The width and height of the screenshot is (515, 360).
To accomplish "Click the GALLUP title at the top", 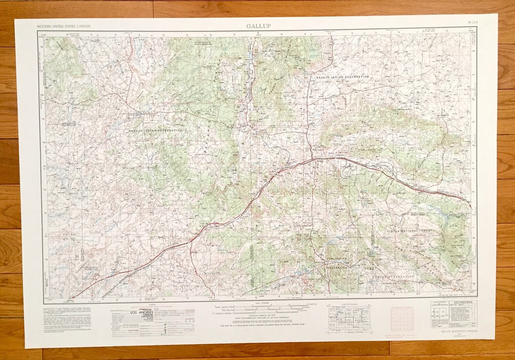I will coord(258,26).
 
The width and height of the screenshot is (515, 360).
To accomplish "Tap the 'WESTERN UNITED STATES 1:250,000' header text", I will coord(64,26).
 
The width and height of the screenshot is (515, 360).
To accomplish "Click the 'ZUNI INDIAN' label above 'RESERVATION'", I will coord(336,258).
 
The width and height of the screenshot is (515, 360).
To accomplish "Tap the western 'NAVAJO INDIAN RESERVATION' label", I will coord(155,130).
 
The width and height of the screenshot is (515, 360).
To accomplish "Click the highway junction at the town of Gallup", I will coord(312,159).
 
